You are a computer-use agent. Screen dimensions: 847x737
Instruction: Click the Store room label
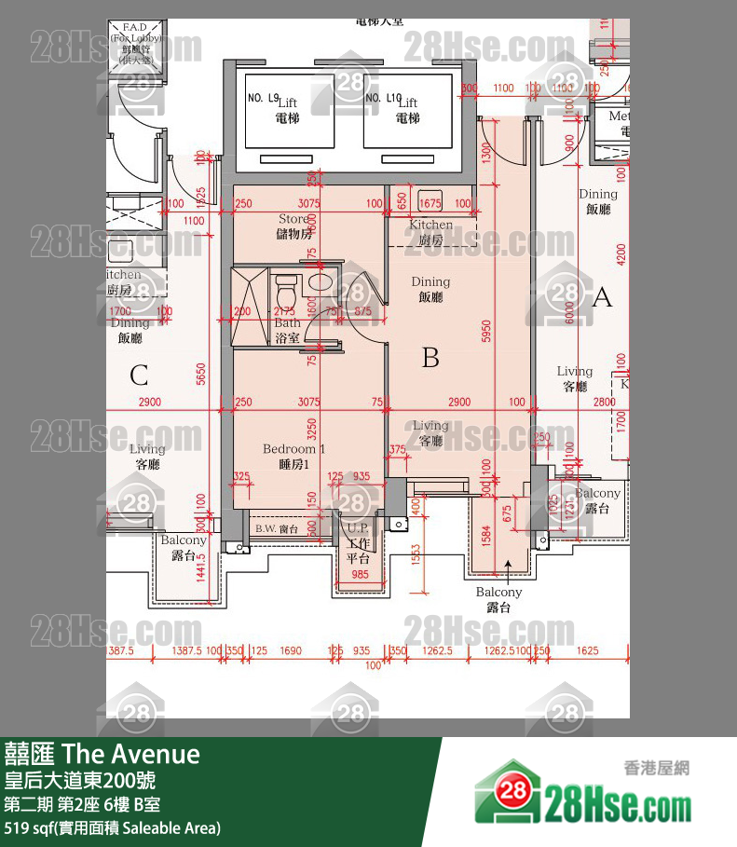tap(293, 225)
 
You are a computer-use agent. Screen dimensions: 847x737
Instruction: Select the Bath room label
tap(287, 330)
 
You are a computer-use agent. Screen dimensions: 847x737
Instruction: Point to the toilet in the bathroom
tap(286, 281)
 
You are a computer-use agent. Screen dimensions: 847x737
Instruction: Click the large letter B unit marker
tap(430, 357)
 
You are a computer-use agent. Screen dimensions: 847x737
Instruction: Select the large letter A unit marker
tap(602, 298)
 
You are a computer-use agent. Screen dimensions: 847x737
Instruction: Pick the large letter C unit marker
tap(139, 376)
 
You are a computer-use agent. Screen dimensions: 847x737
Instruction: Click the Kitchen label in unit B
tap(430, 232)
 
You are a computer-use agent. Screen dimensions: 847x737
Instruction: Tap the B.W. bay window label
tap(275, 528)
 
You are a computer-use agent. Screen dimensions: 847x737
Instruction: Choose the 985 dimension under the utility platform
tap(359, 574)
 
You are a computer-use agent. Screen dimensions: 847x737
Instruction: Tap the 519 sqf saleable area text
tap(113, 827)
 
